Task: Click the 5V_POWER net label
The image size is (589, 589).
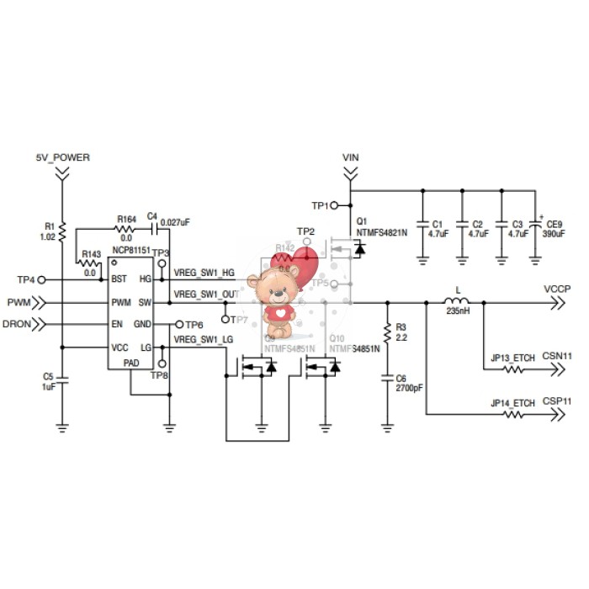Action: coord(62,157)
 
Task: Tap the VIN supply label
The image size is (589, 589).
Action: coord(351,157)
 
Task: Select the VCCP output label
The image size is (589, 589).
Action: coord(557,289)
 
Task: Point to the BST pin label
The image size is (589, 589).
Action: coord(119,279)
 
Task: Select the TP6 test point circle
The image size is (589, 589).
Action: coord(178,324)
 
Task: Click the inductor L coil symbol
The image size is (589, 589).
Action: coord(457,301)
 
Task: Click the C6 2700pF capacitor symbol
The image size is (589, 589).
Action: coord(387,379)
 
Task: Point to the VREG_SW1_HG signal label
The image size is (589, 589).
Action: coord(204,273)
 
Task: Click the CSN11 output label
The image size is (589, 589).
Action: coord(557,356)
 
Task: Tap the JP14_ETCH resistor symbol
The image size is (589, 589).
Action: coord(512,415)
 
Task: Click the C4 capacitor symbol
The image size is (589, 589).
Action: coord(152,228)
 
